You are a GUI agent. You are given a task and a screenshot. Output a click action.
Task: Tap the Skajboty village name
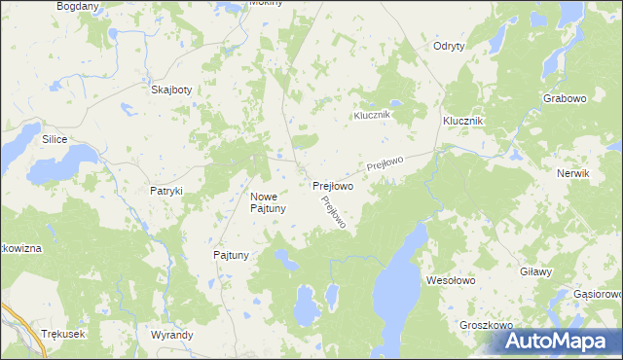point(171,90)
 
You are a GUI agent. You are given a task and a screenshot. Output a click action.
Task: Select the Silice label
point(54,140)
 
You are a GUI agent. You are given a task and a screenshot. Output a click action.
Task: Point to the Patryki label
point(166,192)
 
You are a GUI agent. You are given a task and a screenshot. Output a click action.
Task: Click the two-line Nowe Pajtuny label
point(267,202)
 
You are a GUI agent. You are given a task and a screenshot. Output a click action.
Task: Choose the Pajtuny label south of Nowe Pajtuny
point(232,255)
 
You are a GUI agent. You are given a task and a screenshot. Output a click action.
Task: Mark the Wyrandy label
point(172,334)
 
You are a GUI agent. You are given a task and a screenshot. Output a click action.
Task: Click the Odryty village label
point(448,47)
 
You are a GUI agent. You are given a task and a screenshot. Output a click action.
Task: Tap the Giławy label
point(536,272)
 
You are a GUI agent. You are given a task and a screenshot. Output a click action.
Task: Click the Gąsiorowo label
point(597,293)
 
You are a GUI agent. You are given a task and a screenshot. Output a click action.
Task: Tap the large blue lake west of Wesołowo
point(398,277)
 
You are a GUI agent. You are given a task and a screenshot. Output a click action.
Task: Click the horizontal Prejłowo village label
point(332,185)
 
